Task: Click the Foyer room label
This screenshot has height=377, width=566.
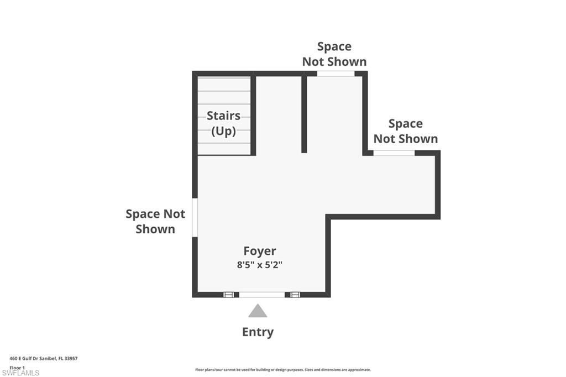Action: coord(260,251)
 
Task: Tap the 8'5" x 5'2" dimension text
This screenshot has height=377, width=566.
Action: coord(260,265)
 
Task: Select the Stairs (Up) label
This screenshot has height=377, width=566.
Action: coord(224,123)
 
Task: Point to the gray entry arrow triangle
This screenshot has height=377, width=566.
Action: coord(258,311)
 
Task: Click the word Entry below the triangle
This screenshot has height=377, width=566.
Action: coord(258,332)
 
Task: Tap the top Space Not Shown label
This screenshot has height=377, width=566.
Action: coord(334,54)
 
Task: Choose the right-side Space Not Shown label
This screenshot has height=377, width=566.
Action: coord(405,131)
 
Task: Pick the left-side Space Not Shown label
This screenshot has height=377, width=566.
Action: coord(155,221)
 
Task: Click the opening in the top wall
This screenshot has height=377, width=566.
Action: coord(336,74)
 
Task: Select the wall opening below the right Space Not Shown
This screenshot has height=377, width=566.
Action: coord(394,153)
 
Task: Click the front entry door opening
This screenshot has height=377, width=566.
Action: coord(261,295)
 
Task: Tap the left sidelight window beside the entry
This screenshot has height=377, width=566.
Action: coord(229,295)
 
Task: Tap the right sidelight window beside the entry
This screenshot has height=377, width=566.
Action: coord(295,295)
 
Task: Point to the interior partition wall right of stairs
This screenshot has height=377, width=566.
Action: coord(304,113)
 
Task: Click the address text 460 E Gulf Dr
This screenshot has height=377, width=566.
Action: coord(44,358)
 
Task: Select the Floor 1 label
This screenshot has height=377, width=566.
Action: coord(17,367)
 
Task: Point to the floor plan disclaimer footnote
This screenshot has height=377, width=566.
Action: coord(282,370)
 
